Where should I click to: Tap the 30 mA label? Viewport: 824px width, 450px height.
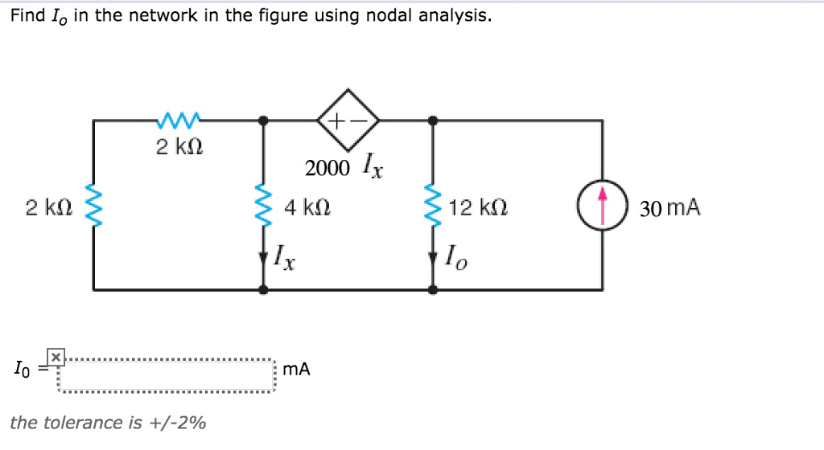coord(669,209)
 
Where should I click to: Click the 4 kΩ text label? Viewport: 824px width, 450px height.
coord(307,209)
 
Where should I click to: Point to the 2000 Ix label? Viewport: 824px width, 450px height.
coord(344,168)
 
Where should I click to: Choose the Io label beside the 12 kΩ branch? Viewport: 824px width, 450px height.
coord(455,258)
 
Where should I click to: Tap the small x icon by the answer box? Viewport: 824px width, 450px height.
coord(55,355)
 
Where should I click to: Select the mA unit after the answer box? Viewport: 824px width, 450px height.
coord(297,369)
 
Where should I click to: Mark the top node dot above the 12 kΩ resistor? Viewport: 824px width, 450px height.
coord(433,120)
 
